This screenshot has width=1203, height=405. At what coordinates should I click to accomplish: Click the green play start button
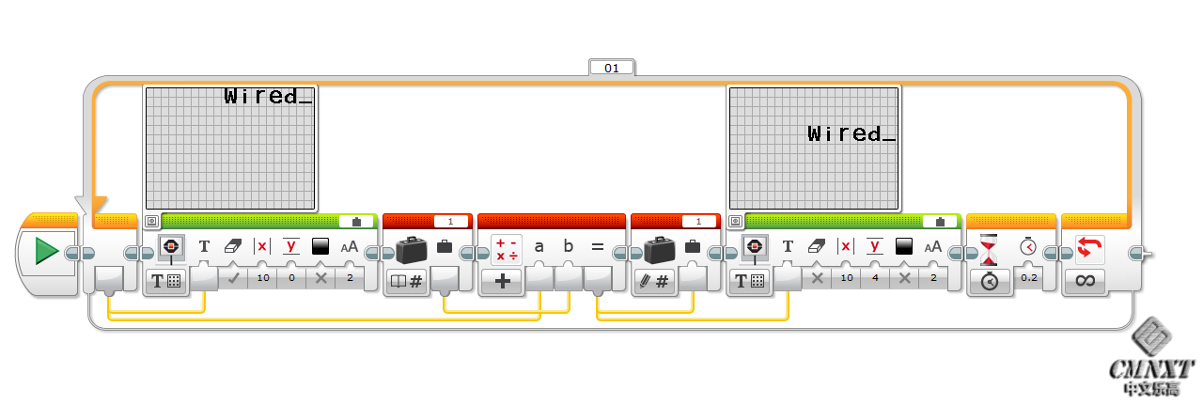(46, 252)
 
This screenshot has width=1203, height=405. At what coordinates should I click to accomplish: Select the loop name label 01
(612, 68)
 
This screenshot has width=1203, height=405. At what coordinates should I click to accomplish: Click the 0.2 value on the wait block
(1029, 279)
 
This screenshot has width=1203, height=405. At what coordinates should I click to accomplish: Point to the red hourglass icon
(988, 250)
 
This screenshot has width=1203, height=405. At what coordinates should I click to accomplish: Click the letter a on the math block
(539, 247)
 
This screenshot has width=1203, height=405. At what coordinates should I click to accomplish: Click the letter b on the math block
(568, 247)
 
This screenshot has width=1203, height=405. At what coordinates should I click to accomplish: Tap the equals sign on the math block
(597, 247)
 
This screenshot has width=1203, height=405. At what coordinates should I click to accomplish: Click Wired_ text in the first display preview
(268, 96)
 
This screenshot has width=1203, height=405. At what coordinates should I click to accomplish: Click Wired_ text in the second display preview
(851, 134)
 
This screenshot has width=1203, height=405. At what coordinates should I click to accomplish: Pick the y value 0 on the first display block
(291, 279)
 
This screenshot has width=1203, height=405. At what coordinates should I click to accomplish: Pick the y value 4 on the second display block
(874, 279)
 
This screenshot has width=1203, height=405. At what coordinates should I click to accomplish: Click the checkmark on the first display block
(233, 279)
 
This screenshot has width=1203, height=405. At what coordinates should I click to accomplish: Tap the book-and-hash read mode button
(406, 281)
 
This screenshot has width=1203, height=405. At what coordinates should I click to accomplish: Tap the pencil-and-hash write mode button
(654, 281)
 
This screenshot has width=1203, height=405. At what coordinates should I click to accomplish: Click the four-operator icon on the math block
(507, 249)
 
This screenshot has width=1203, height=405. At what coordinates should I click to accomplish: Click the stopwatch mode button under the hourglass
(989, 281)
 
